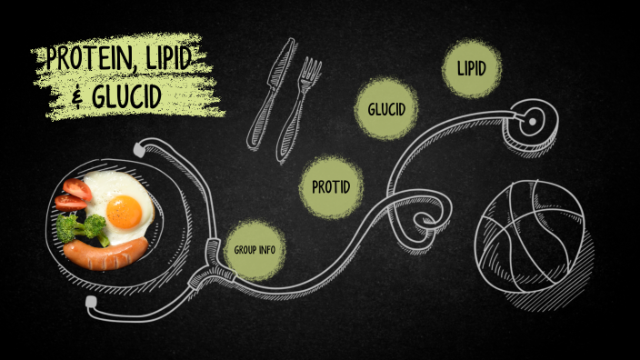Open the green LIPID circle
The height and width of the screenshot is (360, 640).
472,68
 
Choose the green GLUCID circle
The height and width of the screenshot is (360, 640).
386,110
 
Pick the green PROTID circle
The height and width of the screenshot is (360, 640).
331,187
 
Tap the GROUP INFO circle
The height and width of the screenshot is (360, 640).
255,249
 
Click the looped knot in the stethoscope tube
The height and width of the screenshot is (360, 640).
425,218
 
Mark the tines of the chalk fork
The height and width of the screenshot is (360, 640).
312,71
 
